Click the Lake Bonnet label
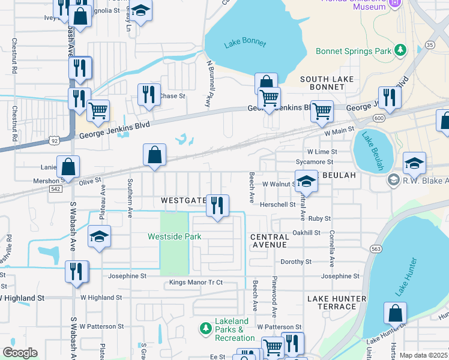(241, 44)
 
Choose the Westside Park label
(175, 236)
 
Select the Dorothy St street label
(296, 262)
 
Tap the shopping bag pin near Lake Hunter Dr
(396, 313)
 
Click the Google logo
(20, 352)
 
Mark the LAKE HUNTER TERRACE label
(337, 302)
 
